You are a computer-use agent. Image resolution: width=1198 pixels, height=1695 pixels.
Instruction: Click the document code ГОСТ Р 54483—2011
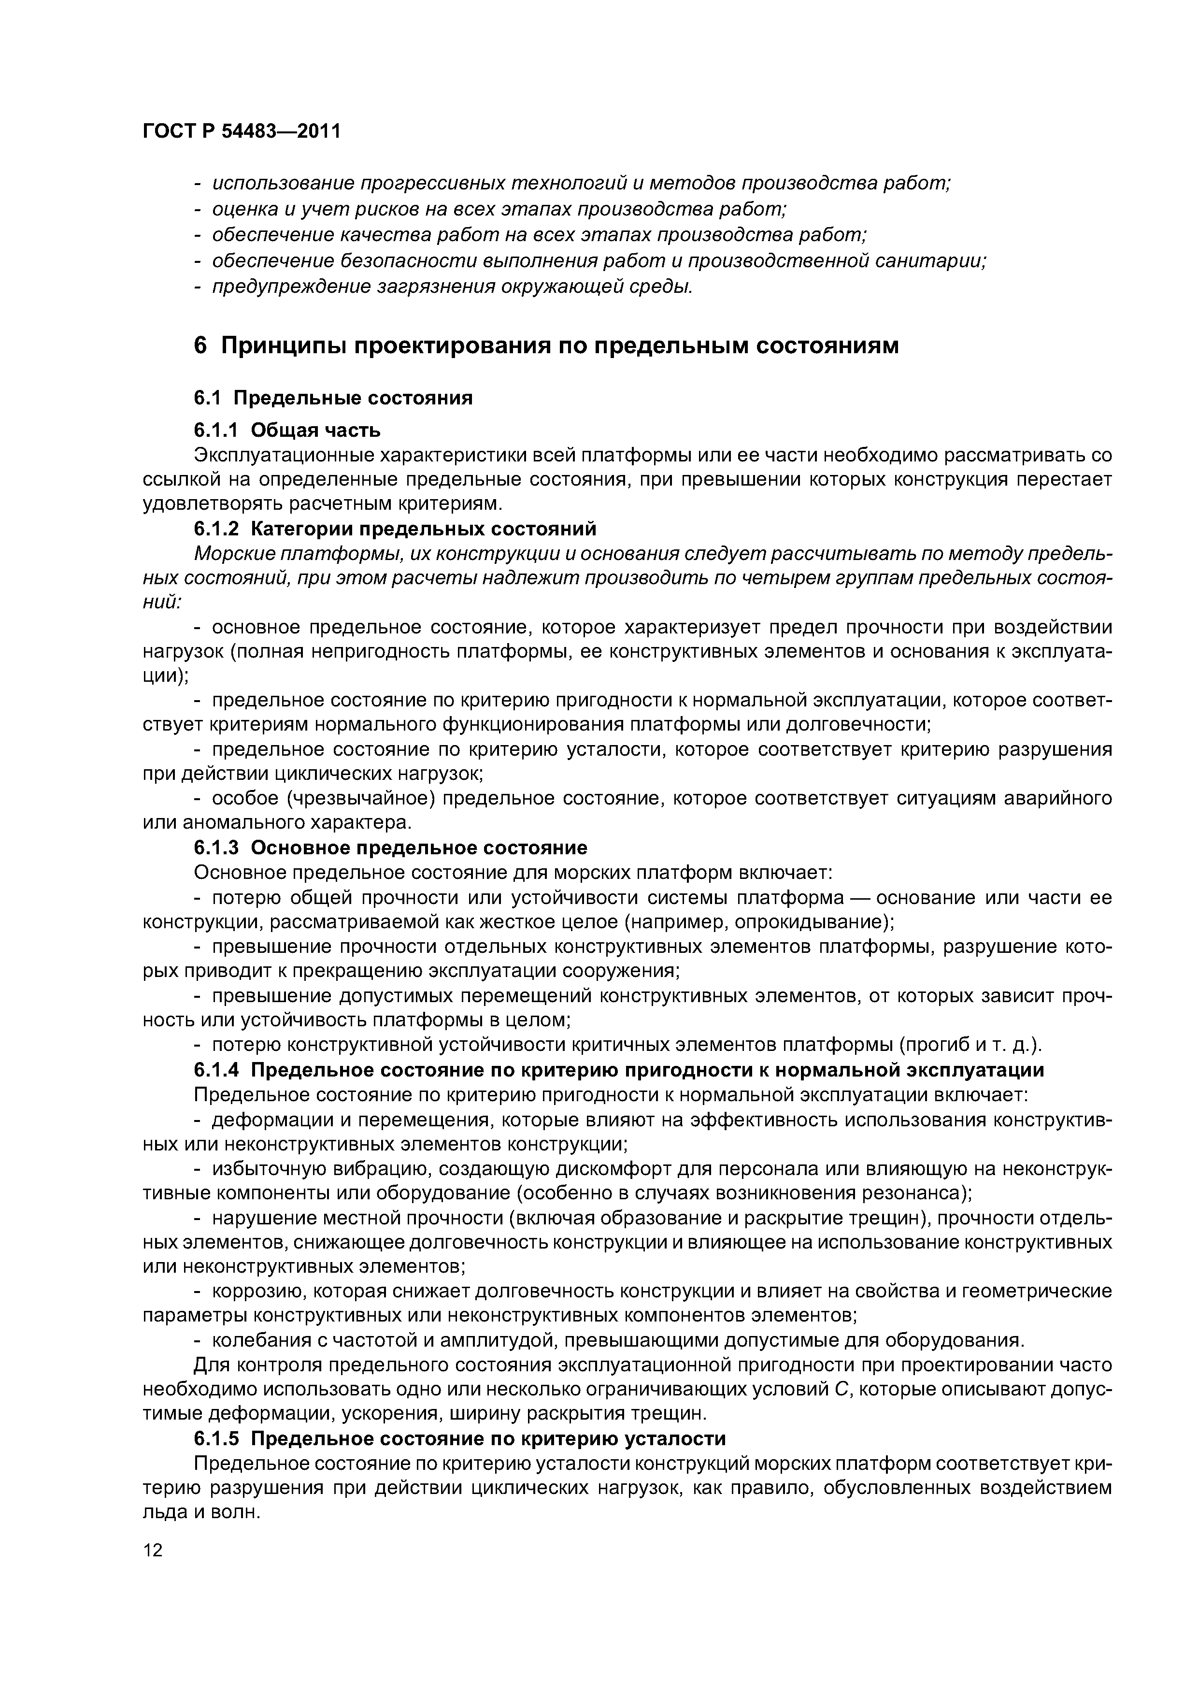point(242,131)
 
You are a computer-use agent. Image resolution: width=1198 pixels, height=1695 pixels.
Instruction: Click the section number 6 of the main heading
point(200,345)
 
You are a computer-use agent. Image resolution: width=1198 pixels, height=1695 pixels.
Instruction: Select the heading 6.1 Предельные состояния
point(333,398)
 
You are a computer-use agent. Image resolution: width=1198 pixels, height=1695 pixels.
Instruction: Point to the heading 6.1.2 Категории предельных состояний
point(395,529)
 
